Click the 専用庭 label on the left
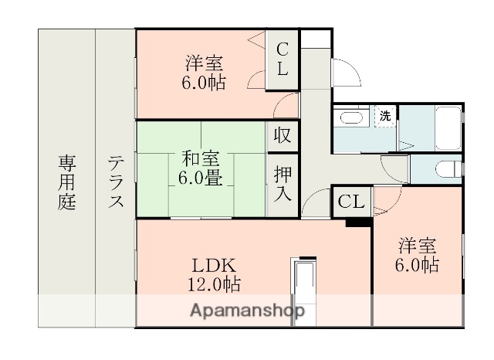click(x=66, y=183)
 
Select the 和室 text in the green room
click(x=200, y=160)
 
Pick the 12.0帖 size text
click(x=214, y=284)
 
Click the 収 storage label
click(x=283, y=134)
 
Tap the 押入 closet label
click(x=283, y=182)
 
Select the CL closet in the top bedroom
click(x=283, y=59)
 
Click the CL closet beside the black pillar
click(x=350, y=202)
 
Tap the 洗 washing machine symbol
click(x=385, y=116)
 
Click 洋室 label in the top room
click(x=205, y=63)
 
